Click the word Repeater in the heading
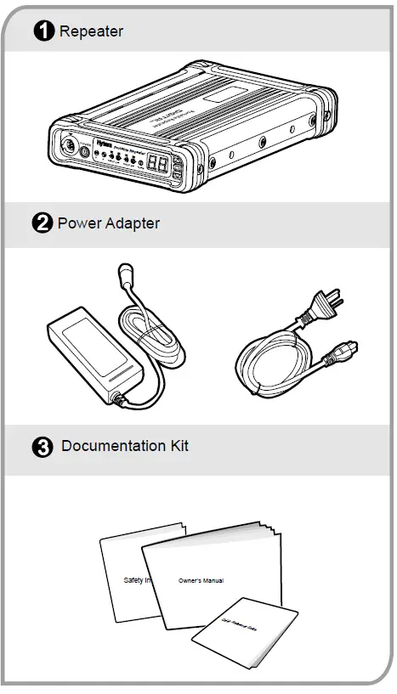pos(91,32)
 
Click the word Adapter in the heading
pos(131,224)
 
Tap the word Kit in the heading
pos(178,447)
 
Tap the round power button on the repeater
pos(84,153)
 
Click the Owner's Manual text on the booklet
pos(201,581)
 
